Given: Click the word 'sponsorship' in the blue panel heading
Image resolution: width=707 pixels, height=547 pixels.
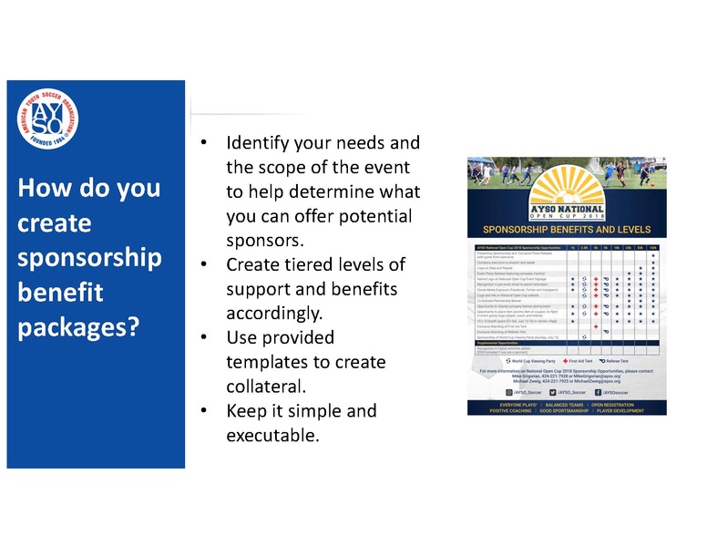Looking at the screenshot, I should pos(89,257).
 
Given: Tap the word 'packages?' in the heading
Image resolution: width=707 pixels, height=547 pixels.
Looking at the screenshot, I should pos(77,325).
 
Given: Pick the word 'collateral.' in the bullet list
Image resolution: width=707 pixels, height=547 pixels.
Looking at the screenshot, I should pos(268,387).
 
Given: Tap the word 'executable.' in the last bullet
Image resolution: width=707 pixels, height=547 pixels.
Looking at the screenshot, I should pos(272,435).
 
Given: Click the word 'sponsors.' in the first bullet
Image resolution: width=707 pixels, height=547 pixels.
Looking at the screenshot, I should pos(263,241).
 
